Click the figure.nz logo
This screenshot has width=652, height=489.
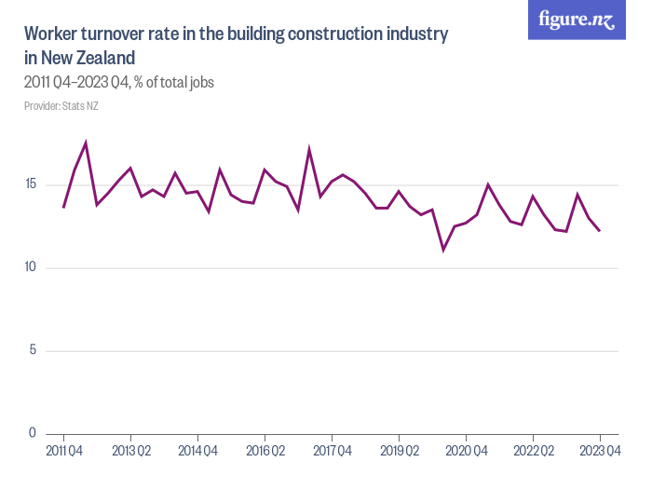[x=577, y=20]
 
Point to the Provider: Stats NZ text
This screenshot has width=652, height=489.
[x=61, y=106]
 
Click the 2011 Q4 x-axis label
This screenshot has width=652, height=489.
[x=63, y=452]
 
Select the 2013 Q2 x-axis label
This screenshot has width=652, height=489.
[x=130, y=452]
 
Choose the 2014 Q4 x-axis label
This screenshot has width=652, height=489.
[x=197, y=452]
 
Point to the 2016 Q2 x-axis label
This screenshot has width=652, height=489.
[x=265, y=452]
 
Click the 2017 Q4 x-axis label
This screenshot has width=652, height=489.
[x=332, y=452]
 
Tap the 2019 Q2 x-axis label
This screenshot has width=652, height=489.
[x=399, y=452]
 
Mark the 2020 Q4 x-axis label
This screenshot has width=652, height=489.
[x=466, y=452]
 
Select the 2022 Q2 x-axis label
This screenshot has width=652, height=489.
[x=533, y=452]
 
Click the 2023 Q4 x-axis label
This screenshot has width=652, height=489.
[x=600, y=452]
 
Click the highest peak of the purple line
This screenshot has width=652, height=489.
[x=86, y=143]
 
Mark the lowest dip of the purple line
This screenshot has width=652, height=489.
[x=443, y=250]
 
